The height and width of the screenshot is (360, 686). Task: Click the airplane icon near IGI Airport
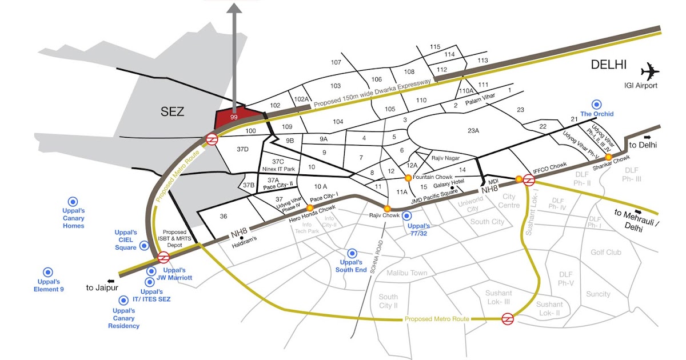click(650, 72)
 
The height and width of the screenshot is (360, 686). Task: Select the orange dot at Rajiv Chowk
click(387, 208)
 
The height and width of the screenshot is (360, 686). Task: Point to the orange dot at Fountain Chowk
click(408, 178)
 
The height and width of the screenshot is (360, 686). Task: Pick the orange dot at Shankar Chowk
click(609, 157)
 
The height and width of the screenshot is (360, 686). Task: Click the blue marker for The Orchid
click(597, 105)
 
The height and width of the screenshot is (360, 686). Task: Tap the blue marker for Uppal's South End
click(352, 253)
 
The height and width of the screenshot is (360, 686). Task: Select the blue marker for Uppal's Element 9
click(48, 273)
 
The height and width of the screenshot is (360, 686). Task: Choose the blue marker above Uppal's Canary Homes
click(73, 201)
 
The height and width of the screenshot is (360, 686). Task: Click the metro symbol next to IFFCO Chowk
click(529, 181)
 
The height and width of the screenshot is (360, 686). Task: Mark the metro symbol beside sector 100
click(212, 139)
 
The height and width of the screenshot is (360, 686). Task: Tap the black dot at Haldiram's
click(242, 238)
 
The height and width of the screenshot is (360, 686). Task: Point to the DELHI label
click(609, 65)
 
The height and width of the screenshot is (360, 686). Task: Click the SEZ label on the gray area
click(172, 111)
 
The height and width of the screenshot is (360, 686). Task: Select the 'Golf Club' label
click(605, 252)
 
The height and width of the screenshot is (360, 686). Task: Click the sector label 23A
click(473, 131)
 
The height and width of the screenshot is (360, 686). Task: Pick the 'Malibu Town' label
click(406, 273)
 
